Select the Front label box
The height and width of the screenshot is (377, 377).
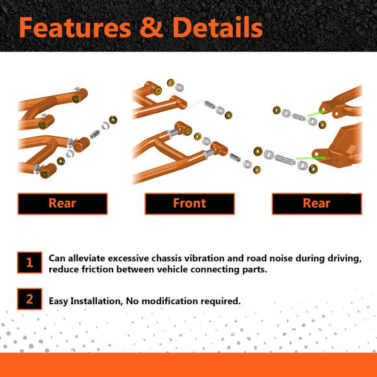189,203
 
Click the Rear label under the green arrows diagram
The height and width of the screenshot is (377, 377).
316,203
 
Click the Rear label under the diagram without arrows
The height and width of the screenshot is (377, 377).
62,203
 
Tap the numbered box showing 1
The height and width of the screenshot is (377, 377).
29,263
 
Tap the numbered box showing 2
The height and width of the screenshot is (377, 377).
29,300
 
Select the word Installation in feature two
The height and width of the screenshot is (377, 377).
100,301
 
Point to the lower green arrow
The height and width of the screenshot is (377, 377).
309,157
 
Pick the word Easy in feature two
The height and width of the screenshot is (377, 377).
60,301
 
